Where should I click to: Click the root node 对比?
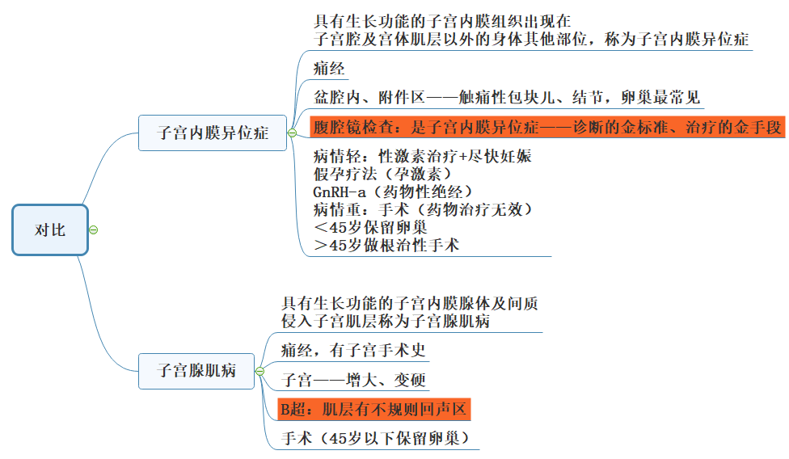point(50,229)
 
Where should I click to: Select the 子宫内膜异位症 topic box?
point(213,133)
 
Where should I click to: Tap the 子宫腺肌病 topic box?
point(196,371)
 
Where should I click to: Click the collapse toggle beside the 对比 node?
point(94,229)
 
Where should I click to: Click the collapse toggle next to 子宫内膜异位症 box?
point(292,133)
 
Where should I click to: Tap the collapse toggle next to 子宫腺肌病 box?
point(259,371)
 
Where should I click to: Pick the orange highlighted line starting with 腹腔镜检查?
point(547,127)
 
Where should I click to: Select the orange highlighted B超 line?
point(373,409)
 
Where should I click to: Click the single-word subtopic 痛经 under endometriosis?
point(329,69)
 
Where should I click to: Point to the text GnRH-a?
point(340,192)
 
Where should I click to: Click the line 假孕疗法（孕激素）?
point(382,174)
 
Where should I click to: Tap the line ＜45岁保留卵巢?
point(370,227)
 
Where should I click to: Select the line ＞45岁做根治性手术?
point(386,246)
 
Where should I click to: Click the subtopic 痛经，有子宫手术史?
point(353,350)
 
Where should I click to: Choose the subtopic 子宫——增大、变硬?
point(353,380)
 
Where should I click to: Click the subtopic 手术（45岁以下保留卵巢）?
point(375,438)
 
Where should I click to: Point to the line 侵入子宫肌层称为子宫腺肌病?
point(386,321)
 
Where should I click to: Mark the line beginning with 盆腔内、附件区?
point(507,97)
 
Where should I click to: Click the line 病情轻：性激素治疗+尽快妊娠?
point(422,156)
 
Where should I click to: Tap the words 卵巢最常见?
point(660,97)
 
